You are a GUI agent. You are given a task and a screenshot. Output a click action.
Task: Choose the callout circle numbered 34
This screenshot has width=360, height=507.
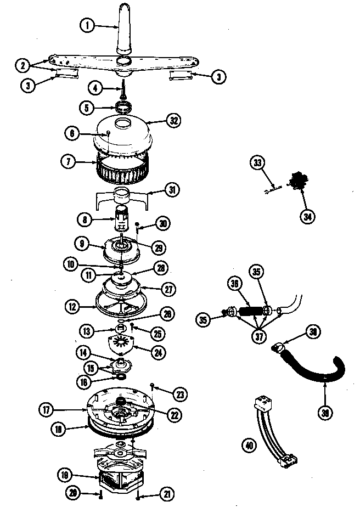pyautogui.click(x=308, y=216)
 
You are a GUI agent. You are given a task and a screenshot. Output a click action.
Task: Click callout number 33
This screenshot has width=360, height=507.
pyautogui.click(x=258, y=162)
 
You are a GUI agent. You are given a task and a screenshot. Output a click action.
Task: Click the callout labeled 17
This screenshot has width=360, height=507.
pyautogui.click(x=46, y=409)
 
